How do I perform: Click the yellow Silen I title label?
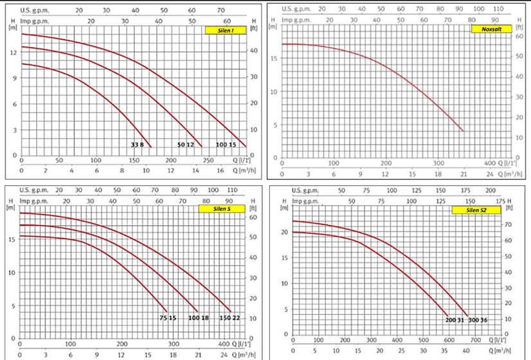(224, 30)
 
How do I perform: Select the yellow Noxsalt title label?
(491, 30)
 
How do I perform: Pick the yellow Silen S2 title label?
(471, 210)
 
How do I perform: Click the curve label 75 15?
(168, 318)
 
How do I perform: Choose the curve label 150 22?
(229, 318)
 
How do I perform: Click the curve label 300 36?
(479, 319)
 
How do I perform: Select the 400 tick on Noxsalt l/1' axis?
(490, 163)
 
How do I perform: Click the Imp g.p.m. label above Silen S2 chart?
(307, 201)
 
